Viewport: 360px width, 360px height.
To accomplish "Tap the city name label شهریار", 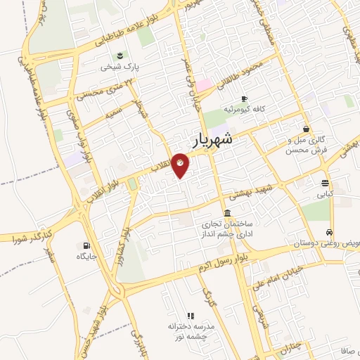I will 210,139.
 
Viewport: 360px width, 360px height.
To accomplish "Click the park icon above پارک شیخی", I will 117,56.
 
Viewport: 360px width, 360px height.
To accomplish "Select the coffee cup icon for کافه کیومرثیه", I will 244,98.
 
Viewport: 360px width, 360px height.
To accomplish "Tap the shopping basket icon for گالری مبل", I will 306,129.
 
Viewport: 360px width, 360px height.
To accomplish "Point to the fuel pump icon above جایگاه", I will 86,245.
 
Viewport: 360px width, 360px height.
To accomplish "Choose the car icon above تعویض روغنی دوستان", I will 329,232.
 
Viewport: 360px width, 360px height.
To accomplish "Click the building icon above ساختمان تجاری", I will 227,213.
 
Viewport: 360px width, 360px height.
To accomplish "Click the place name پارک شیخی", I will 117,67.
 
